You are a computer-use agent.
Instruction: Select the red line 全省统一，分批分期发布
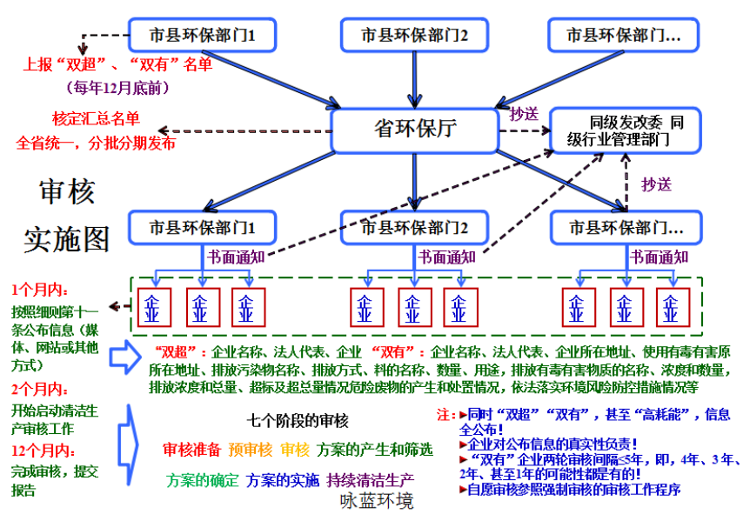(x=96, y=143)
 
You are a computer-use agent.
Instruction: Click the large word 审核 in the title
(x=67, y=193)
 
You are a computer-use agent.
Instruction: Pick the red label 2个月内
(x=41, y=389)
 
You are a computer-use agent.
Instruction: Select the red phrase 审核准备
(x=191, y=450)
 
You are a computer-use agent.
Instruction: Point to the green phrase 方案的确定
(x=201, y=479)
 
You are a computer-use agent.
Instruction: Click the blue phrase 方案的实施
(x=283, y=479)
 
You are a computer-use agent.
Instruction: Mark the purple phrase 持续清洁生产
(x=369, y=479)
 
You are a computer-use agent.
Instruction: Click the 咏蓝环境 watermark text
(x=377, y=503)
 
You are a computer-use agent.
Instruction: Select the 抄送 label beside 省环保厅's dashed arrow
(x=523, y=114)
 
